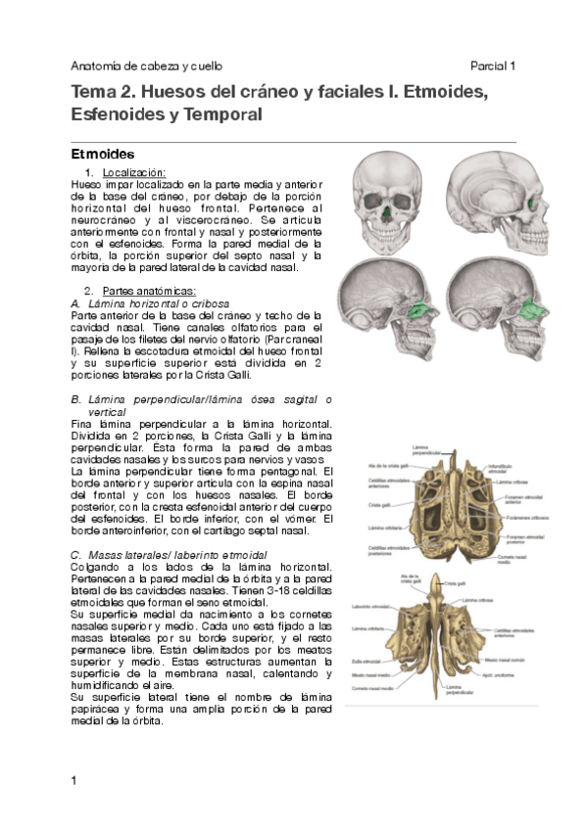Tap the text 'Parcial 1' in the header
pyautogui.click(x=493, y=66)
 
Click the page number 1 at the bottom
pyautogui.click(x=74, y=780)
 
